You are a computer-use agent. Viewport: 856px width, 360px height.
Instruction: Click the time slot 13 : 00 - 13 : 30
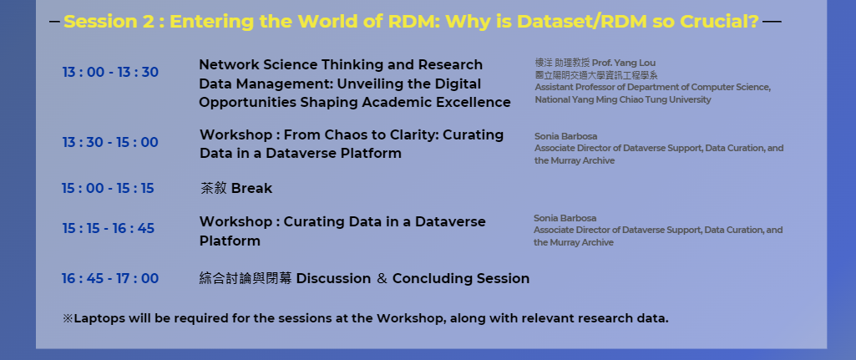coord(110,73)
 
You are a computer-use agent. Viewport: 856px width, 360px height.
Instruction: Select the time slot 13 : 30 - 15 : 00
coord(110,143)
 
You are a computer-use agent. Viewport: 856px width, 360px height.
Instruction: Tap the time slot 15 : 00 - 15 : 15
coord(108,189)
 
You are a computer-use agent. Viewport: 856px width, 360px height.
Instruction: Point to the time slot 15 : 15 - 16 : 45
coord(108,228)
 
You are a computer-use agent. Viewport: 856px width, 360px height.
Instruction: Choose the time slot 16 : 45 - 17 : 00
coord(109,279)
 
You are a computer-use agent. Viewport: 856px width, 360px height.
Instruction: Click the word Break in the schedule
coord(251,189)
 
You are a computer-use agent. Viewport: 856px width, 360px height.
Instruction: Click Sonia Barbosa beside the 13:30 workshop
coord(565,136)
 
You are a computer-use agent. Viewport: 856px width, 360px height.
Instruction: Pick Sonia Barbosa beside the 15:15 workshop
coord(565,218)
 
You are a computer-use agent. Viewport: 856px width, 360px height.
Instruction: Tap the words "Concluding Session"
coord(461,279)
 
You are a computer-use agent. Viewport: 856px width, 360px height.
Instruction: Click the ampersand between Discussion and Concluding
coord(382,279)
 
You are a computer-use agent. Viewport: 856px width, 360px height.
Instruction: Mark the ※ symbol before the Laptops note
coord(68,318)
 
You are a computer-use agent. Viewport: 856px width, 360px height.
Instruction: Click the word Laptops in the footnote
coord(99,318)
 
